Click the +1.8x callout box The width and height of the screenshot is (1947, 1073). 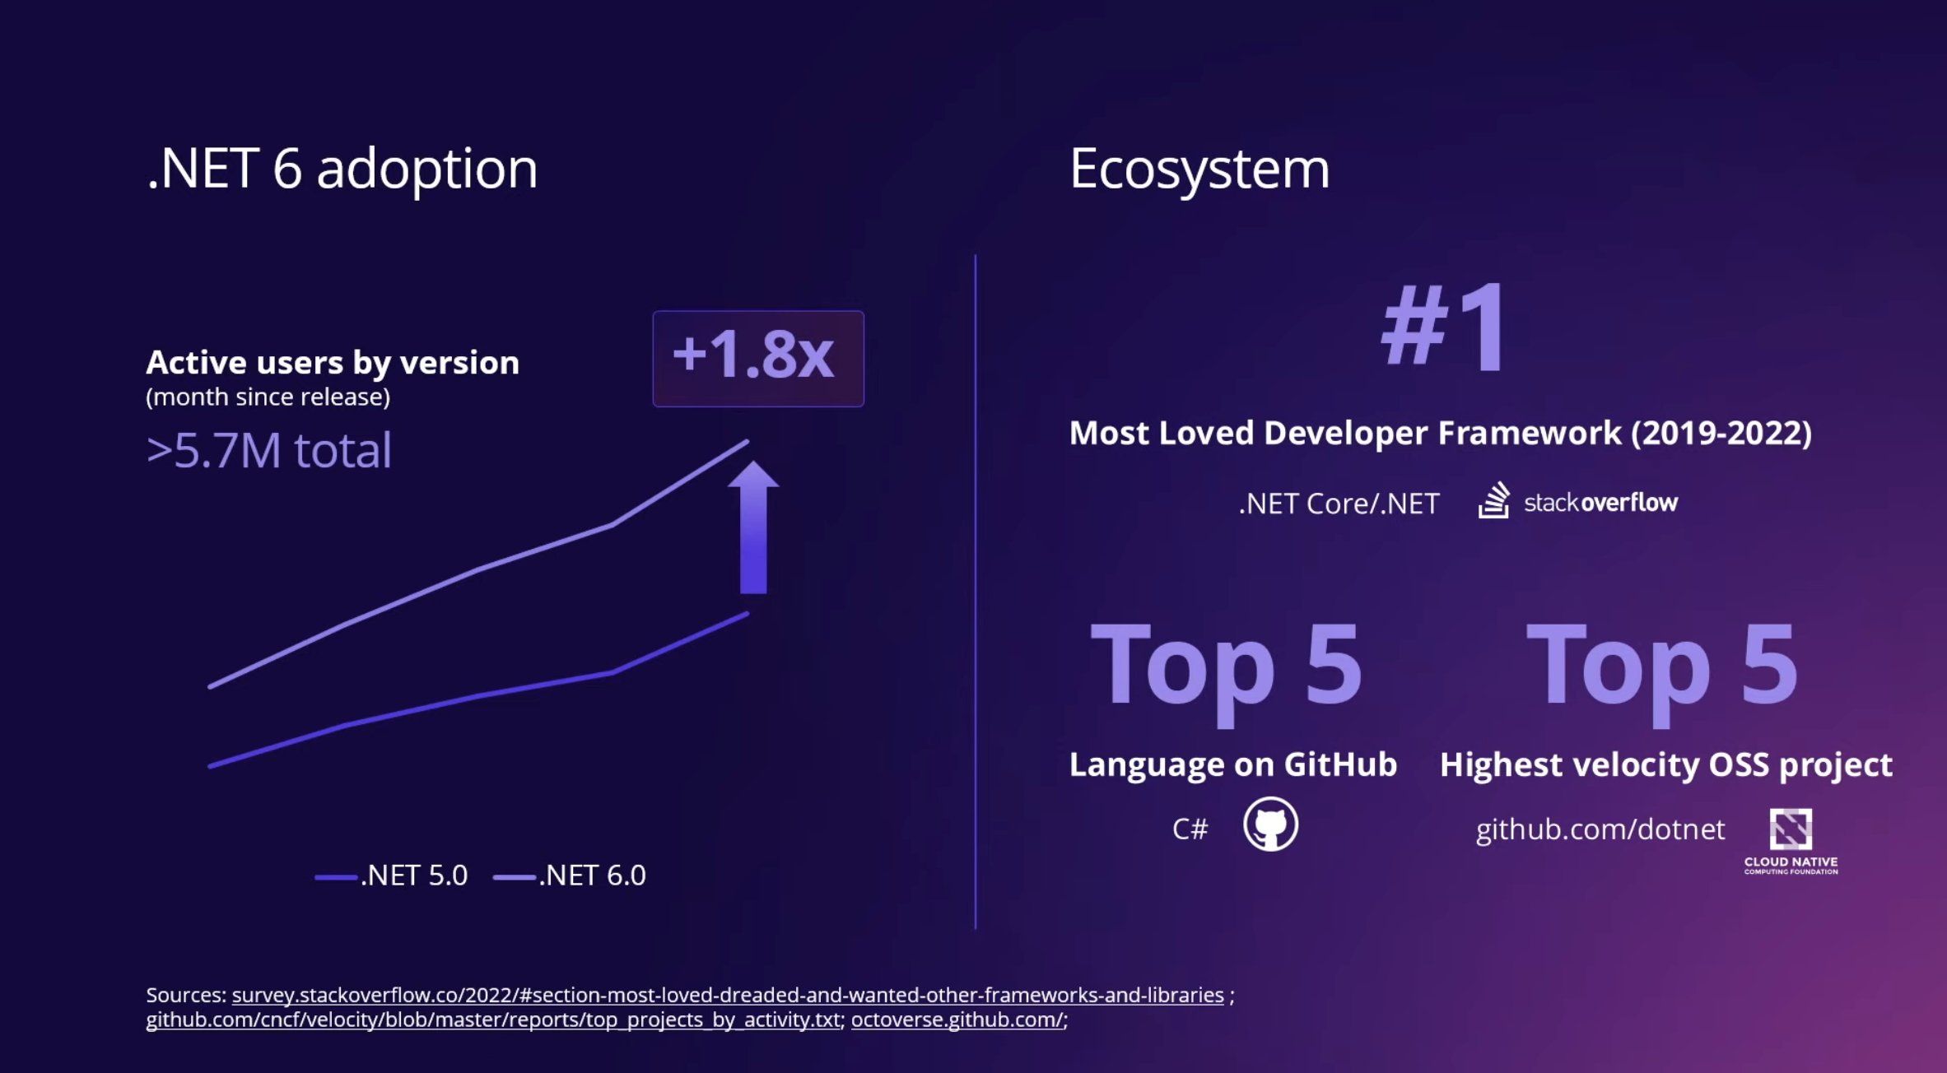(757, 358)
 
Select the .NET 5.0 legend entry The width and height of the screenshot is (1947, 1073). (393, 876)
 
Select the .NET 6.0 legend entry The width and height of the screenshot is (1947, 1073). (571, 876)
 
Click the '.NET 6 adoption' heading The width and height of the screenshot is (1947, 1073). (342, 169)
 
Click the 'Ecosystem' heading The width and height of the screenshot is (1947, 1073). (1199, 169)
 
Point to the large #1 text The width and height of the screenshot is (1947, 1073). (1445, 327)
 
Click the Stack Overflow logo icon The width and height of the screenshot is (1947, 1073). (1493, 500)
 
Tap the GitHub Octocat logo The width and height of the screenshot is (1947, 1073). (1270, 824)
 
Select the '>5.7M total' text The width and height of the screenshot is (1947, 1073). (268, 451)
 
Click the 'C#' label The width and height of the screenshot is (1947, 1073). (1190, 829)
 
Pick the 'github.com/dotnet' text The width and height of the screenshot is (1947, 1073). (1600, 829)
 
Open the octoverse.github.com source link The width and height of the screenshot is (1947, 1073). (957, 1020)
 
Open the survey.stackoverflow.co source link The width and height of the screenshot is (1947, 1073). (727, 995)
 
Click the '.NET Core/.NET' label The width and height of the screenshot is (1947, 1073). (1339, 503)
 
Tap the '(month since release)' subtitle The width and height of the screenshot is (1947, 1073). (268, 397)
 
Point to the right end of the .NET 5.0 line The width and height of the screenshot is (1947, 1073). (745, 615)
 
